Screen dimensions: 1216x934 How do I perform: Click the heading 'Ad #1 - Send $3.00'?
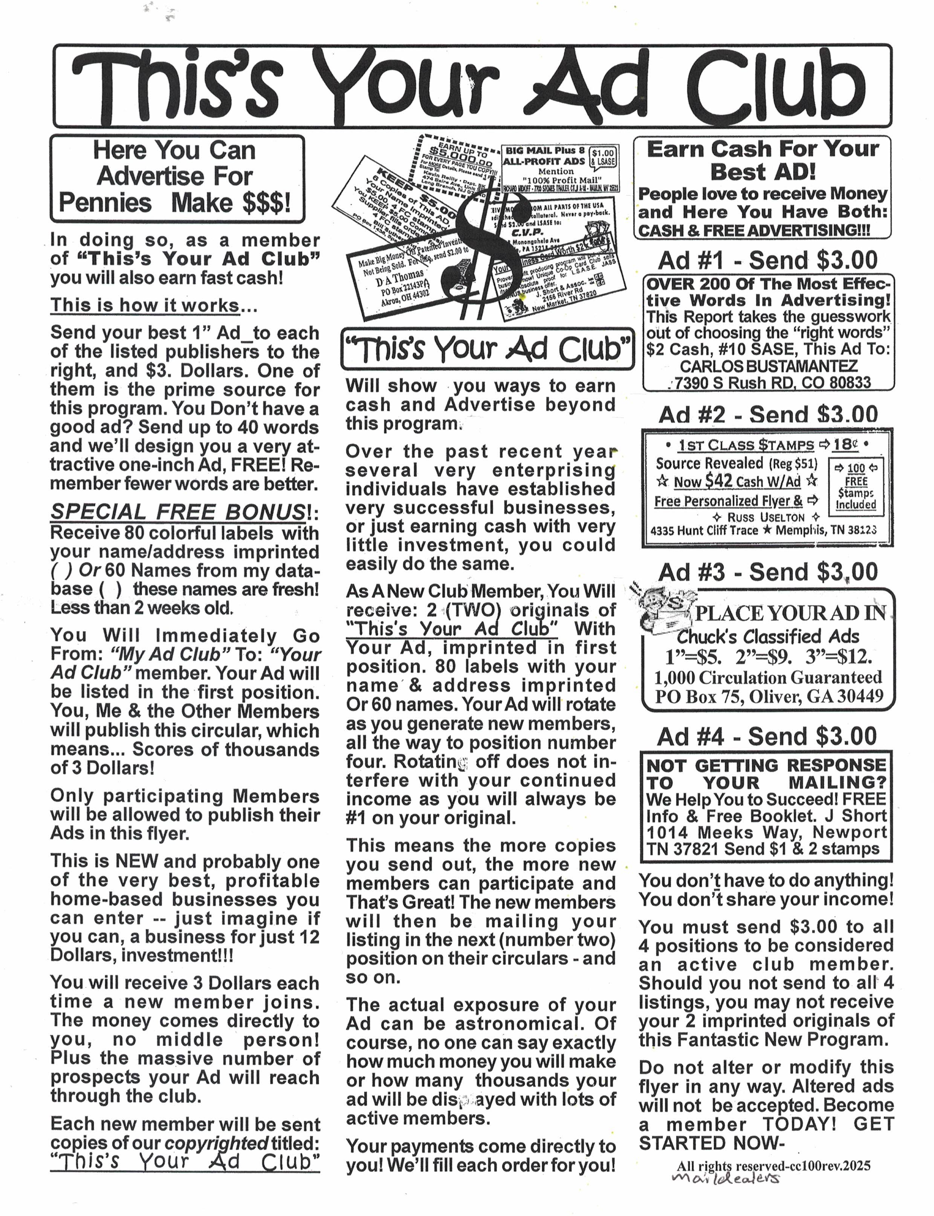(767, 260)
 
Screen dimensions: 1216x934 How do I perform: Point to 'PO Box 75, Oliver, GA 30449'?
(768, 696)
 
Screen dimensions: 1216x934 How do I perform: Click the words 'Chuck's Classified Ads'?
(767, 636)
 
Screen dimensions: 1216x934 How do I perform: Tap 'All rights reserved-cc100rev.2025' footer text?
(773, 1181)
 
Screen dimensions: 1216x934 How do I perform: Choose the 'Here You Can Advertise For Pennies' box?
(177, 178)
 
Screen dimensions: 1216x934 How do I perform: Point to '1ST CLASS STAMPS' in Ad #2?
(746, 445)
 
